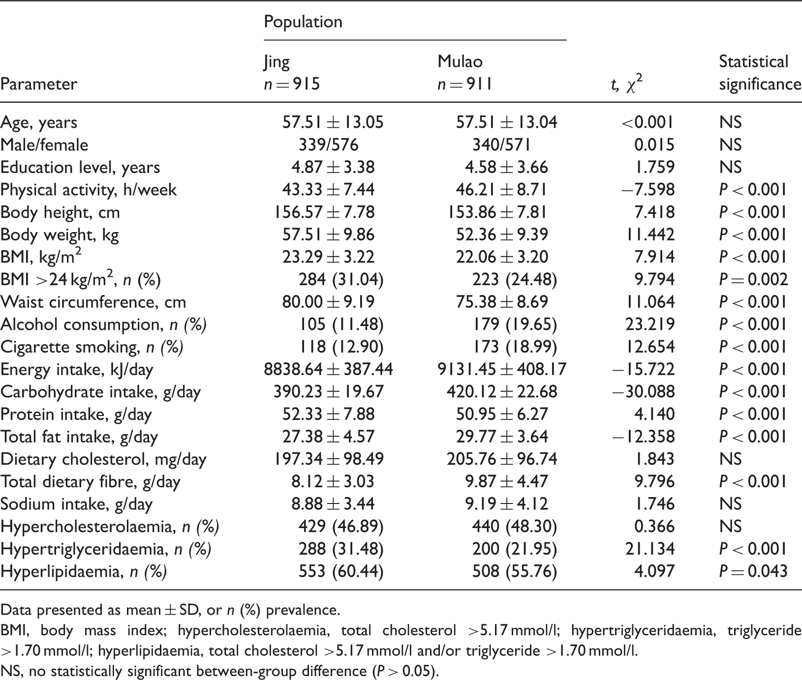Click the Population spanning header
[x=303, y=22]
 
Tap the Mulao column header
[x=465, y=73]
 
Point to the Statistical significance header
[x=760, y=73]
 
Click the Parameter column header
[x=39, y=84]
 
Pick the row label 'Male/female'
[x=44, y=145]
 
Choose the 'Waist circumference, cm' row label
[x=93, y=302]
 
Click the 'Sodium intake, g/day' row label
[x=76, y=504]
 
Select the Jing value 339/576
[x=329, y=145]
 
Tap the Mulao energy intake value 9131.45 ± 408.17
[x=502, y=369]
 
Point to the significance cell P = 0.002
[x=753, y=280]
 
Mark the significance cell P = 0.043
[x=753, y=571]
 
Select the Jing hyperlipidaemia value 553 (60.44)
[x=341, y=571]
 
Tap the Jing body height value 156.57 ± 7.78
[x=324, y=212]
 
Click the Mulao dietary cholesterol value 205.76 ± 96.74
[x=502, y=459]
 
